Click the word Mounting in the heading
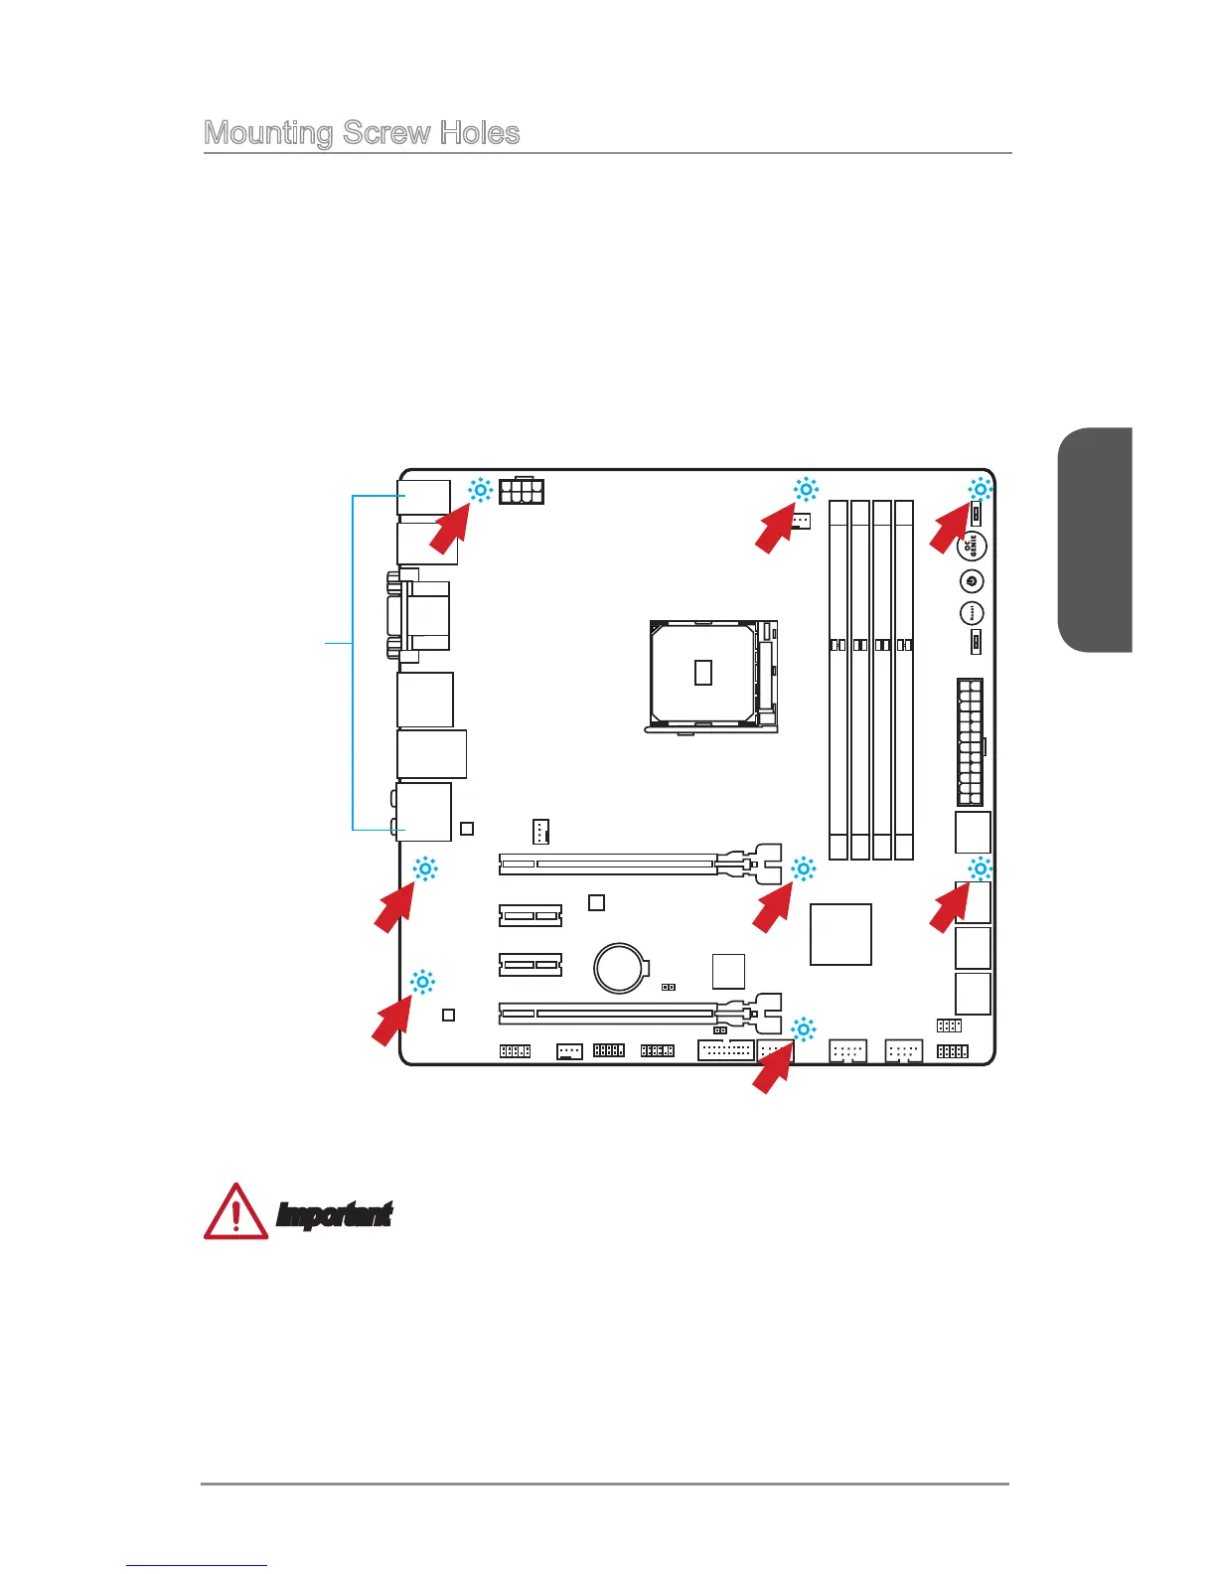click(268, 133)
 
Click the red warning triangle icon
click(235, 1211)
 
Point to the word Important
click(334, 1214)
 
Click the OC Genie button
click(972, 545)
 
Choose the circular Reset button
click(972, 613)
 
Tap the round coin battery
click(621, 966)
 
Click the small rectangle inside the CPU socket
click(703, 672)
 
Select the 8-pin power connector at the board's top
click(522, 491)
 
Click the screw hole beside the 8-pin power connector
click(480, 489)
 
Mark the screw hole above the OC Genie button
click(981, 489)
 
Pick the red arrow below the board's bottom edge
click(772, 1069)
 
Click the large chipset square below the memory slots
click(840, 934)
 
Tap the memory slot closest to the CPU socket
click(838, 680)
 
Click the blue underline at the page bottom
click(197, 1566)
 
